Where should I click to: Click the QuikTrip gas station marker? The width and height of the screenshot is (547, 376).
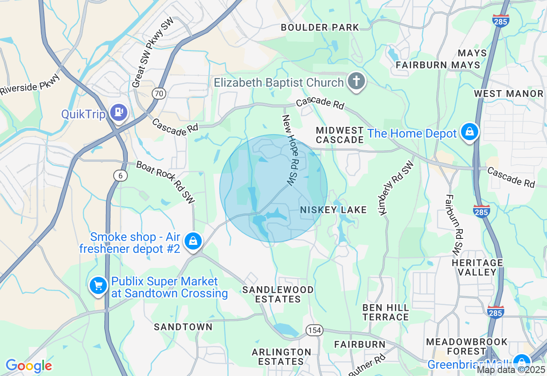119,112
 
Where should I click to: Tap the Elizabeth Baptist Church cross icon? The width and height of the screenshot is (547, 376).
356,81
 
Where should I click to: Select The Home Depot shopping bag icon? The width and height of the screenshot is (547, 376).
469,132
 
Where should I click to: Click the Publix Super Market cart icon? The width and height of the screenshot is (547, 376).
98,285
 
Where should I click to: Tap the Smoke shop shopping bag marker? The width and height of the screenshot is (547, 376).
193,241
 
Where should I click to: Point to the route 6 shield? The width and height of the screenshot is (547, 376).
121,175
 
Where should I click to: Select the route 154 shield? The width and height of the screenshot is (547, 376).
314,330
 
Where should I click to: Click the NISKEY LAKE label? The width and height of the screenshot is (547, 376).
333,210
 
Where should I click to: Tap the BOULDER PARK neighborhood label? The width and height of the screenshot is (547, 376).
320,28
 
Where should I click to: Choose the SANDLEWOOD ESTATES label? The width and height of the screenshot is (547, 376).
278,294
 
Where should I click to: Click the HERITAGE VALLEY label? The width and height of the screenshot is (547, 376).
477,267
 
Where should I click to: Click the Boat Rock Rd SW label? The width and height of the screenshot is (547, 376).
165,182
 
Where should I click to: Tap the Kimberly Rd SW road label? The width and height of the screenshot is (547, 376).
396,188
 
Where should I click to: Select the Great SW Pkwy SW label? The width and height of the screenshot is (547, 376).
153,52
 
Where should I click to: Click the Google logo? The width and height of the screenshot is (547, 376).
29,366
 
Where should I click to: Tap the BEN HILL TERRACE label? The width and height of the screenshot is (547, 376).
385,312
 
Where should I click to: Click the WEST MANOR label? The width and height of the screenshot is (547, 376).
509,94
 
